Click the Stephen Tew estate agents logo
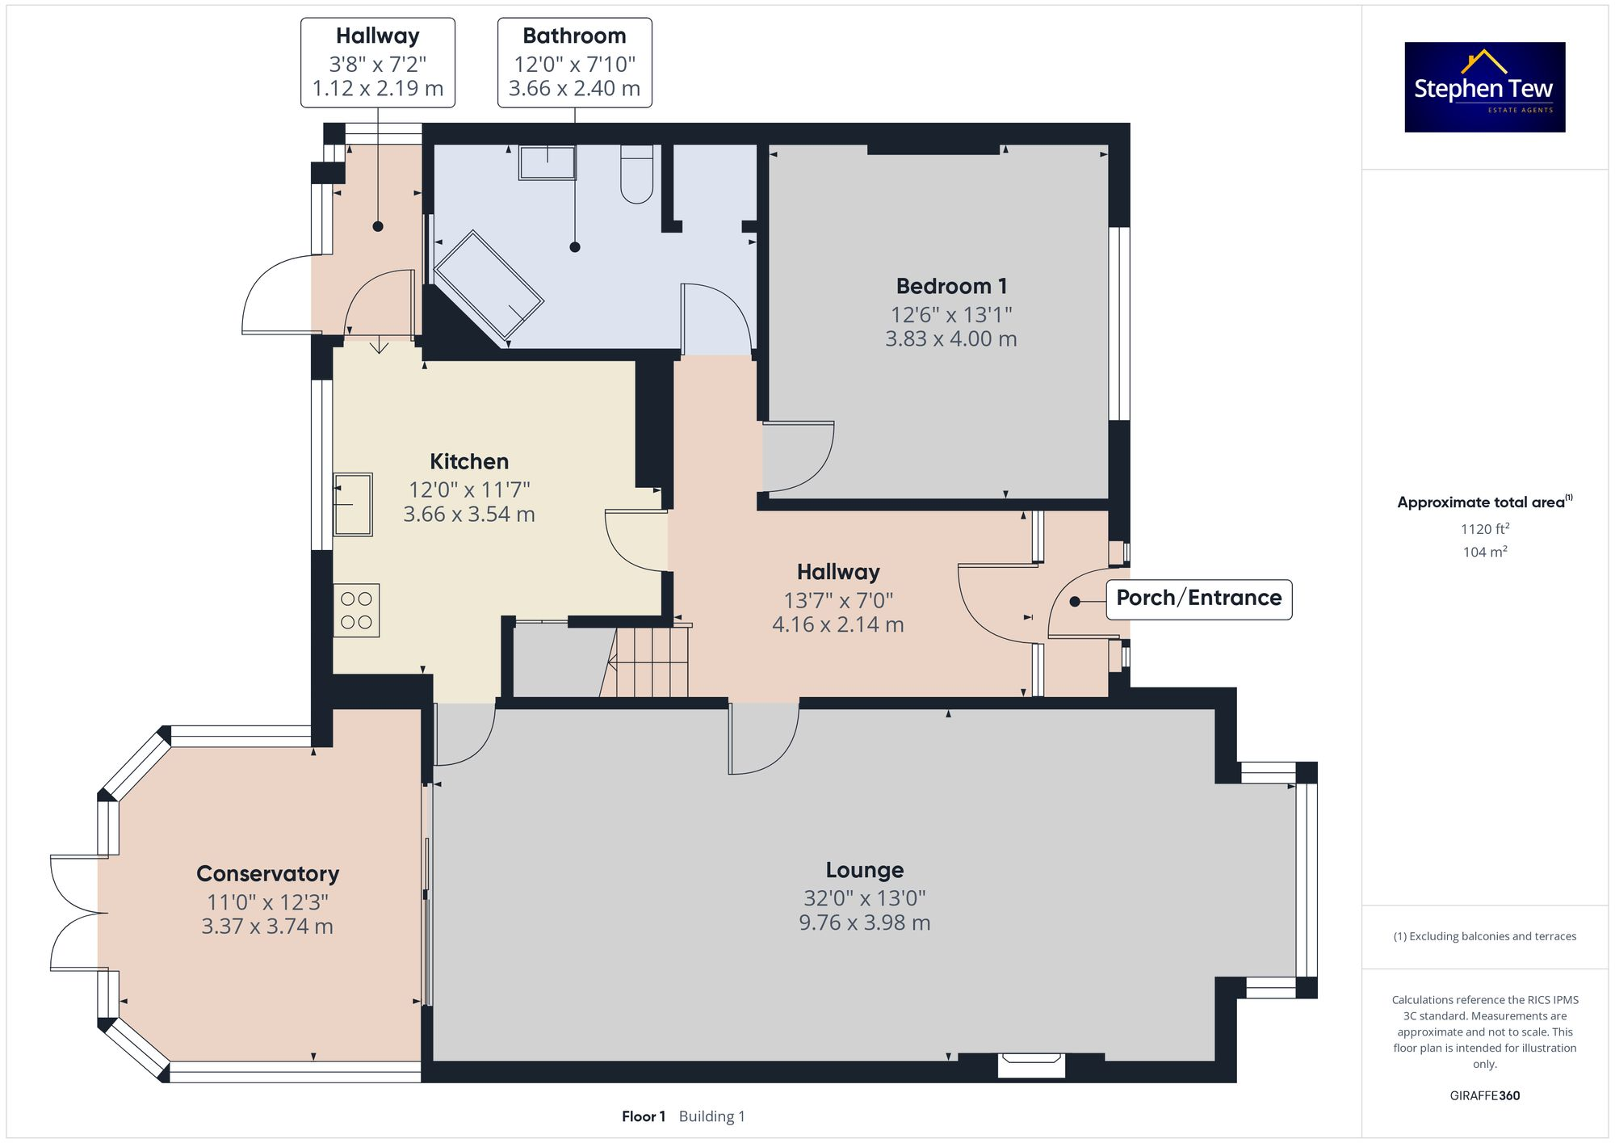tap(1484, 87)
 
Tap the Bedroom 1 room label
tap(951, 286)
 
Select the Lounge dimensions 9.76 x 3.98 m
tap(864, 922)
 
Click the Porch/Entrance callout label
tap(1198, 599)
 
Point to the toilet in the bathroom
tap(636, 175)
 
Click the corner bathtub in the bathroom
tap(488, 284)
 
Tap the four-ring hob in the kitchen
tap(356, 611)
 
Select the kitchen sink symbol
tap(353, 505)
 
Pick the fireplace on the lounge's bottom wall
tap(1031, 1064)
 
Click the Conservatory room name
tap(267, 874)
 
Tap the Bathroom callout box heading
tap(574, 36)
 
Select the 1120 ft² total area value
tap(1484, 529)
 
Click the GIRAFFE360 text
tap(1484, 1095)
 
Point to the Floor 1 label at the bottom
tap(643, 1116)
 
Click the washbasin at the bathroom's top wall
tap(547, 162)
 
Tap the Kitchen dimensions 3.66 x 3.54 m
tap(469, 515)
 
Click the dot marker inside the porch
tap(1075, 601)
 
